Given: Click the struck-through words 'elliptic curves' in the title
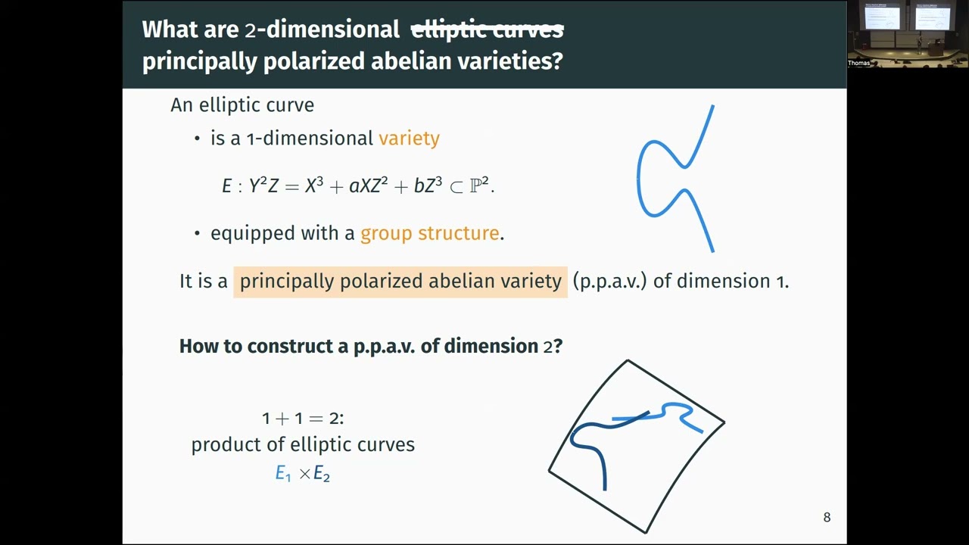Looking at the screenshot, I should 487,30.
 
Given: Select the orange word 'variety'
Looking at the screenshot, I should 409,139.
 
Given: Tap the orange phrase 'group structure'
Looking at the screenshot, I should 429,233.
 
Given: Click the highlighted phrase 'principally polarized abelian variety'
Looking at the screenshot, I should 400,282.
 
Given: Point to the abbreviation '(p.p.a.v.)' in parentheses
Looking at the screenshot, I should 609,282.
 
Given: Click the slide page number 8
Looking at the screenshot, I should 827,518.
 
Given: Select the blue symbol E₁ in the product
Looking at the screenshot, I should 283,474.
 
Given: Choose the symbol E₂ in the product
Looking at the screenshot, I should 322,475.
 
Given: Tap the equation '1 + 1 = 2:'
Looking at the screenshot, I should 303,418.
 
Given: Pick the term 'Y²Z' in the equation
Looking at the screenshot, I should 263,186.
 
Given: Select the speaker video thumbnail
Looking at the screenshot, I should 908,34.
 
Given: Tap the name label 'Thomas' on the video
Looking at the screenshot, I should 858,63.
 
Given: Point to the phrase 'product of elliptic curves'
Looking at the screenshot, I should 303,444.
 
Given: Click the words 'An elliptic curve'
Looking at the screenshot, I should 242,105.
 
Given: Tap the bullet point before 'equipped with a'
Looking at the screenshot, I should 198,234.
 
